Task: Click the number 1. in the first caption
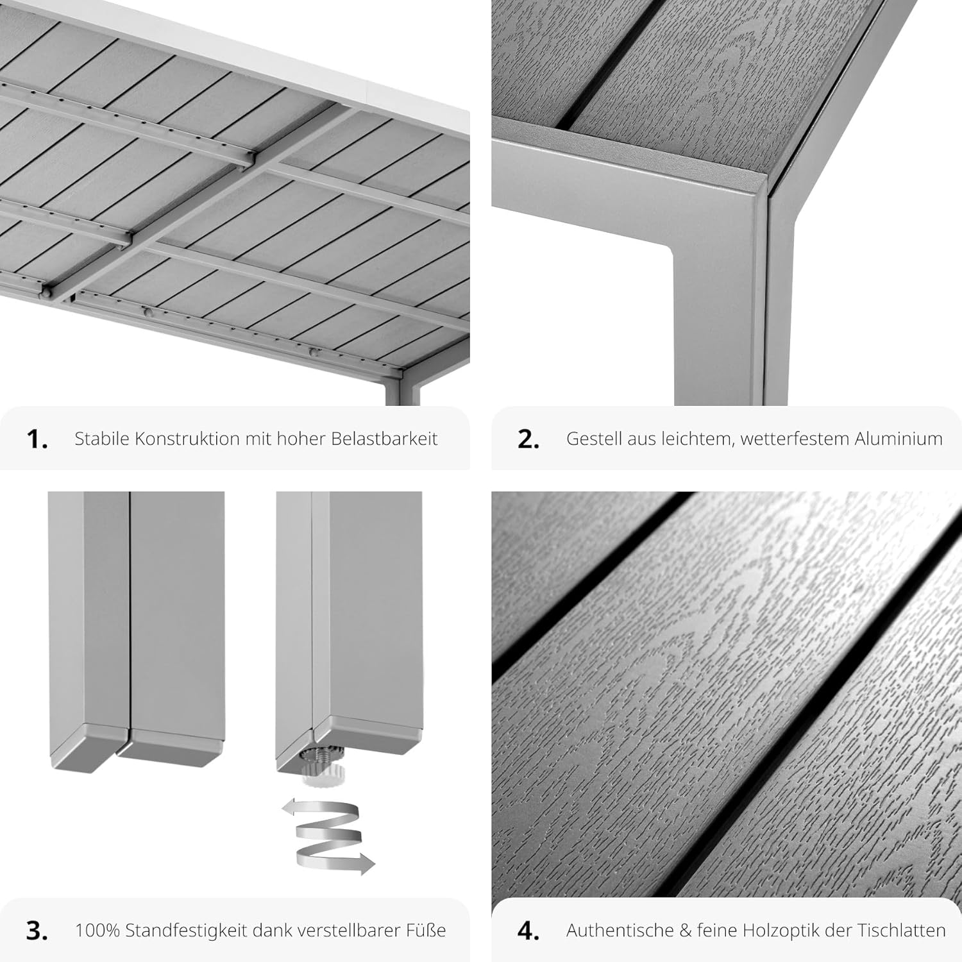pos(37,439)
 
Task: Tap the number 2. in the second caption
pos(528,439)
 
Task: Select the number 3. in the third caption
pos(37,931)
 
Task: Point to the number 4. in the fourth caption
pos(528,931)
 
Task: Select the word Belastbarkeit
pos(384,439)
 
